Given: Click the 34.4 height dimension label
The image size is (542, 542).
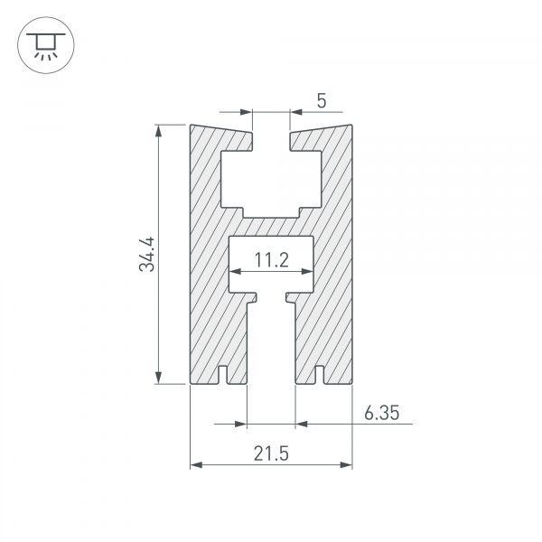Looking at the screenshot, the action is [147, 254].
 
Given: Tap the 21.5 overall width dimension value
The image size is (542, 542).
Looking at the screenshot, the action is [271, 453].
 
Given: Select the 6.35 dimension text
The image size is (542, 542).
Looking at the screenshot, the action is [381, 413].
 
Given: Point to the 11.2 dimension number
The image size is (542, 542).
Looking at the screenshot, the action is [271, 260].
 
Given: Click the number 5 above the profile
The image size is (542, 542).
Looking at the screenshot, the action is [322, 101].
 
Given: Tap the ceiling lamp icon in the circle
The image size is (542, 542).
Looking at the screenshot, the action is [46, 46].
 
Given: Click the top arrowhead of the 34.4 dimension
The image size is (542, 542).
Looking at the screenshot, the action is [158, 131].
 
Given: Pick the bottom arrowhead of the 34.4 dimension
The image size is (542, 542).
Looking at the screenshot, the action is [158, 378].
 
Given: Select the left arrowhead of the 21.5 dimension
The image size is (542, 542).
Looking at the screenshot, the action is [196, 465].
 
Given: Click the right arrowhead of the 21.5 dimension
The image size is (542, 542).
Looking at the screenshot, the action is [346, 465].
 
